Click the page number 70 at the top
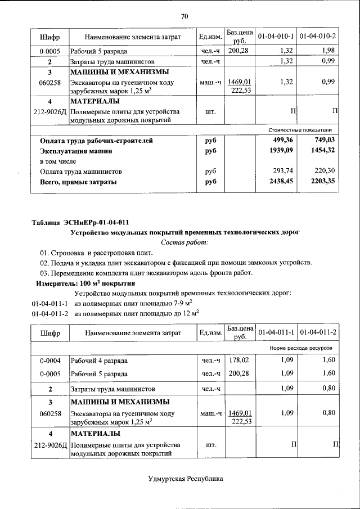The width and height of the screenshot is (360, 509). (x=184, y=16)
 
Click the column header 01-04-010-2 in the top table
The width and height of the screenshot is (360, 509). (x=318, y=37)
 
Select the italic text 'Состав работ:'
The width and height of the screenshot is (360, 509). (x=184, y=242)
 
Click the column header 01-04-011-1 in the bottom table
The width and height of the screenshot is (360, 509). (x=276, y=333)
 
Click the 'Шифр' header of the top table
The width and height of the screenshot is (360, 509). (x=49, y=37)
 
